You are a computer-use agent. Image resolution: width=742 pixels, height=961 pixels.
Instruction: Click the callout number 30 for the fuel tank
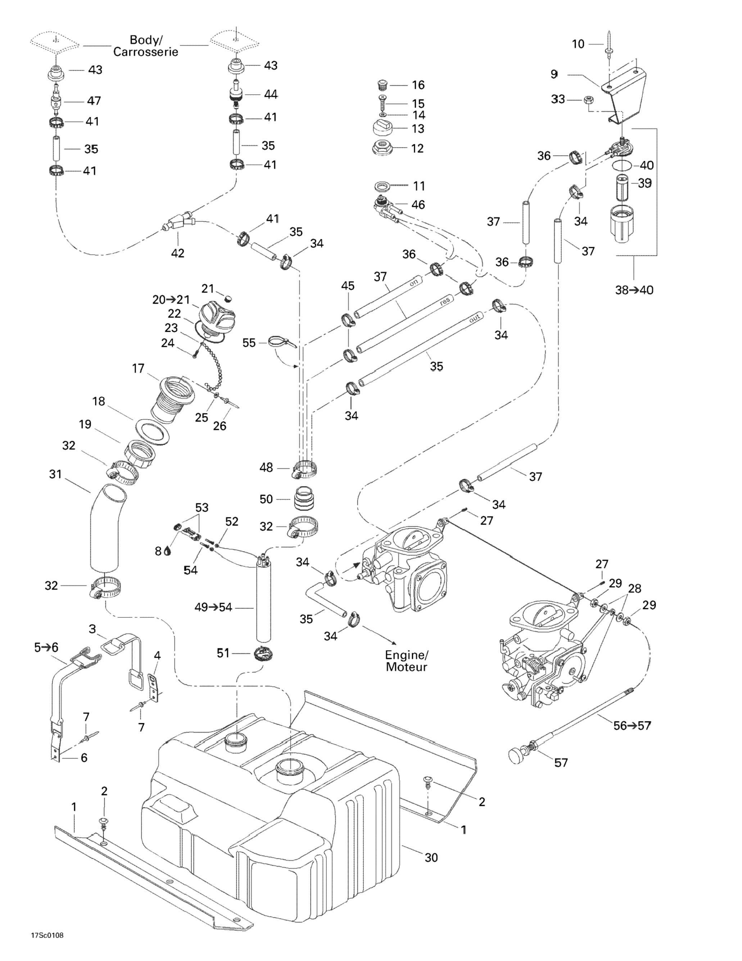(431, 858)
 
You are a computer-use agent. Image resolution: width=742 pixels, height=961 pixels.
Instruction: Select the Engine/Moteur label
(406, 661)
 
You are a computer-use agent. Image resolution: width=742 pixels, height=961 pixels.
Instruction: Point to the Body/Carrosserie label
(146, 46)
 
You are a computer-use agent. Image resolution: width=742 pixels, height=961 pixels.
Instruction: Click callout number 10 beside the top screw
(578, 44)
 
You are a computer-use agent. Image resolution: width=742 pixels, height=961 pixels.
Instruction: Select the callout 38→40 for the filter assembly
(634, 290)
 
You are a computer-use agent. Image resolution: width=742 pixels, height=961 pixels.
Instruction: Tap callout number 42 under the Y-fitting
(177, 253)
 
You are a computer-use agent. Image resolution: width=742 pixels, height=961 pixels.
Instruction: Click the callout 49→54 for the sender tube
(213, 608)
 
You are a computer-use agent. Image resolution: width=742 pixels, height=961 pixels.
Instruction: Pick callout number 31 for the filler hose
(55, 474)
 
